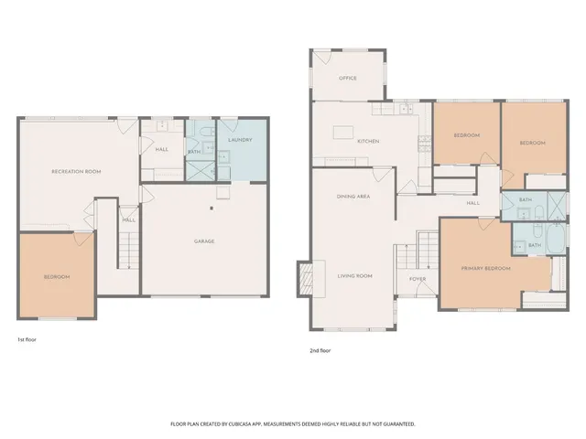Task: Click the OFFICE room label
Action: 347,78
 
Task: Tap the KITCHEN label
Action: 368,141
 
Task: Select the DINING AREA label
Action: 353,197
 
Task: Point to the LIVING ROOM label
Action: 353,275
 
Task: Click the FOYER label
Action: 418,279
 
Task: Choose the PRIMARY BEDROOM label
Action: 485,269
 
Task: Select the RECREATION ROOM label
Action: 76,171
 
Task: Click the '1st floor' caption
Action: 27,339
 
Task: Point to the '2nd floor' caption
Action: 320,349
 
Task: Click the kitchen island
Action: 344,133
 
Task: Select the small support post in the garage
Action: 212,209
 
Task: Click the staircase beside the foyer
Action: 427,247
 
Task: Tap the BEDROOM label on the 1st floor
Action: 56,276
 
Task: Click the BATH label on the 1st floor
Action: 193,152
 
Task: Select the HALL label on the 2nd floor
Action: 472,203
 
